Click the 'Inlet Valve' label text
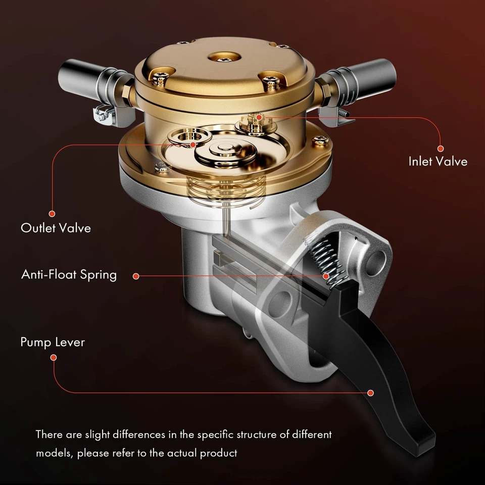click(438, 162)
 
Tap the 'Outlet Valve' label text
click(56, 228)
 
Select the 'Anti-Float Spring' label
click(69, 274)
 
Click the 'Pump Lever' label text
click(53, 342)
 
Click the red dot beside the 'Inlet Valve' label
click(440, 149)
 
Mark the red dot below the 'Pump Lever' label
click(54, 357)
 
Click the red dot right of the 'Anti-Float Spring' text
click(135, 276)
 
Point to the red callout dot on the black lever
click(370, 393)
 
